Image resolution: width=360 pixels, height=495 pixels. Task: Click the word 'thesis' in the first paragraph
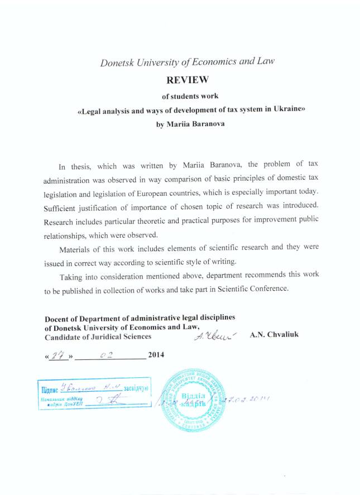pyautogui.click(x=81, y=167)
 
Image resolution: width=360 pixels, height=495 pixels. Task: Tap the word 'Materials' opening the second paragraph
pyautogui.click(x=76, y=249)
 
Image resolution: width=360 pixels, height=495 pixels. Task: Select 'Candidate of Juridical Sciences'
pyautogui.click(x=98, y=337)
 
